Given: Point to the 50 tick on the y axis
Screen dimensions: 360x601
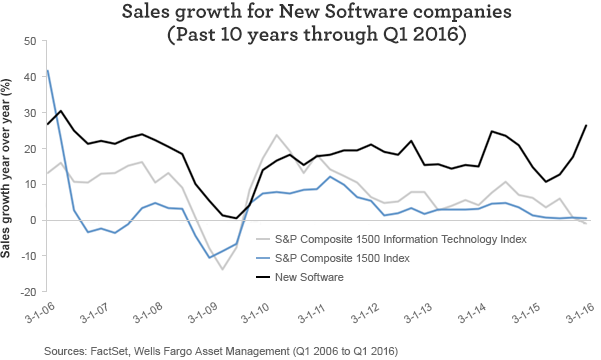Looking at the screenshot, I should pos(29,41).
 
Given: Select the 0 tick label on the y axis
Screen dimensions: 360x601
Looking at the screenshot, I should pos(32,220).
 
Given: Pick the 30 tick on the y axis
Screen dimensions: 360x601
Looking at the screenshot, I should pos(29,112).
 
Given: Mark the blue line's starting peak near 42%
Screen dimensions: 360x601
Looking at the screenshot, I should pos(47,70).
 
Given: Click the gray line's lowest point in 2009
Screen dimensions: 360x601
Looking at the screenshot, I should pos(222,269).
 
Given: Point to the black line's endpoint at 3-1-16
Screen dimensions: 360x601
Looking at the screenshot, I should pos(585,125).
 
